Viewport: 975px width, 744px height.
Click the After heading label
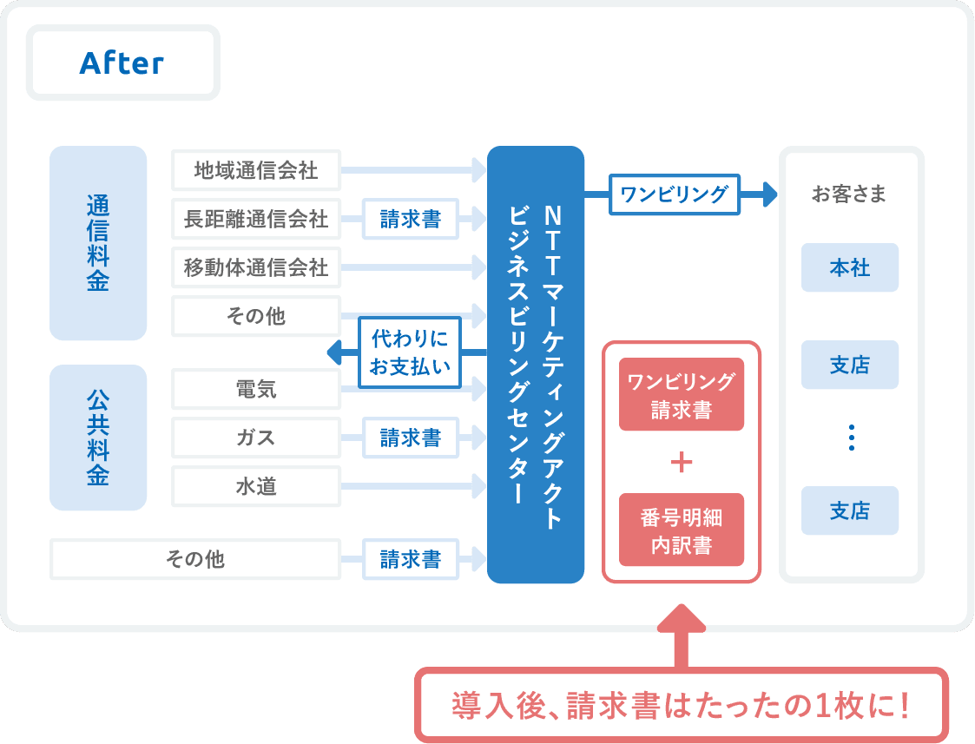[122, 63]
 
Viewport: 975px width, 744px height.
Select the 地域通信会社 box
[256, 170]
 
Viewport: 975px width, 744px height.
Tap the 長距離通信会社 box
[256, 219]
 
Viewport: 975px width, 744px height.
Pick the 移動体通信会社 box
[256, 267]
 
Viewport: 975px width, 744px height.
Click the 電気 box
[256, 389]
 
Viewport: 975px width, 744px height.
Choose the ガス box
[256, 438]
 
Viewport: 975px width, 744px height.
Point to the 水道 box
[256, 486]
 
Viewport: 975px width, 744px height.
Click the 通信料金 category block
[98, 243]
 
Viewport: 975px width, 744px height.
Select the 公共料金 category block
[98, 438]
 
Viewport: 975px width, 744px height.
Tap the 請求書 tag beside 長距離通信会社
[410, 219]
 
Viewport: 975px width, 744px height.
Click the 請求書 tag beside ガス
[410, 438]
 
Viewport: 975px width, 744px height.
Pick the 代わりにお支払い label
[410, 352]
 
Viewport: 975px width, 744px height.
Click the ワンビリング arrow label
[675, 194]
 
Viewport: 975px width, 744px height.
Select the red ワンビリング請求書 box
[682, 394]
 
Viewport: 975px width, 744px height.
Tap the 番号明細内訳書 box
[682, 530]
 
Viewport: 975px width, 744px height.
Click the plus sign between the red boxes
[682, 462]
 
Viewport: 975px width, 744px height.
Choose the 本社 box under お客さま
[850, 267]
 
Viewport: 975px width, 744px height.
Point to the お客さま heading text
[850, 194]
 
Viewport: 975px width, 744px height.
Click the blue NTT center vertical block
[536, 365]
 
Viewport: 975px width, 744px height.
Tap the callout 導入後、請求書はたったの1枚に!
[682, 704]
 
